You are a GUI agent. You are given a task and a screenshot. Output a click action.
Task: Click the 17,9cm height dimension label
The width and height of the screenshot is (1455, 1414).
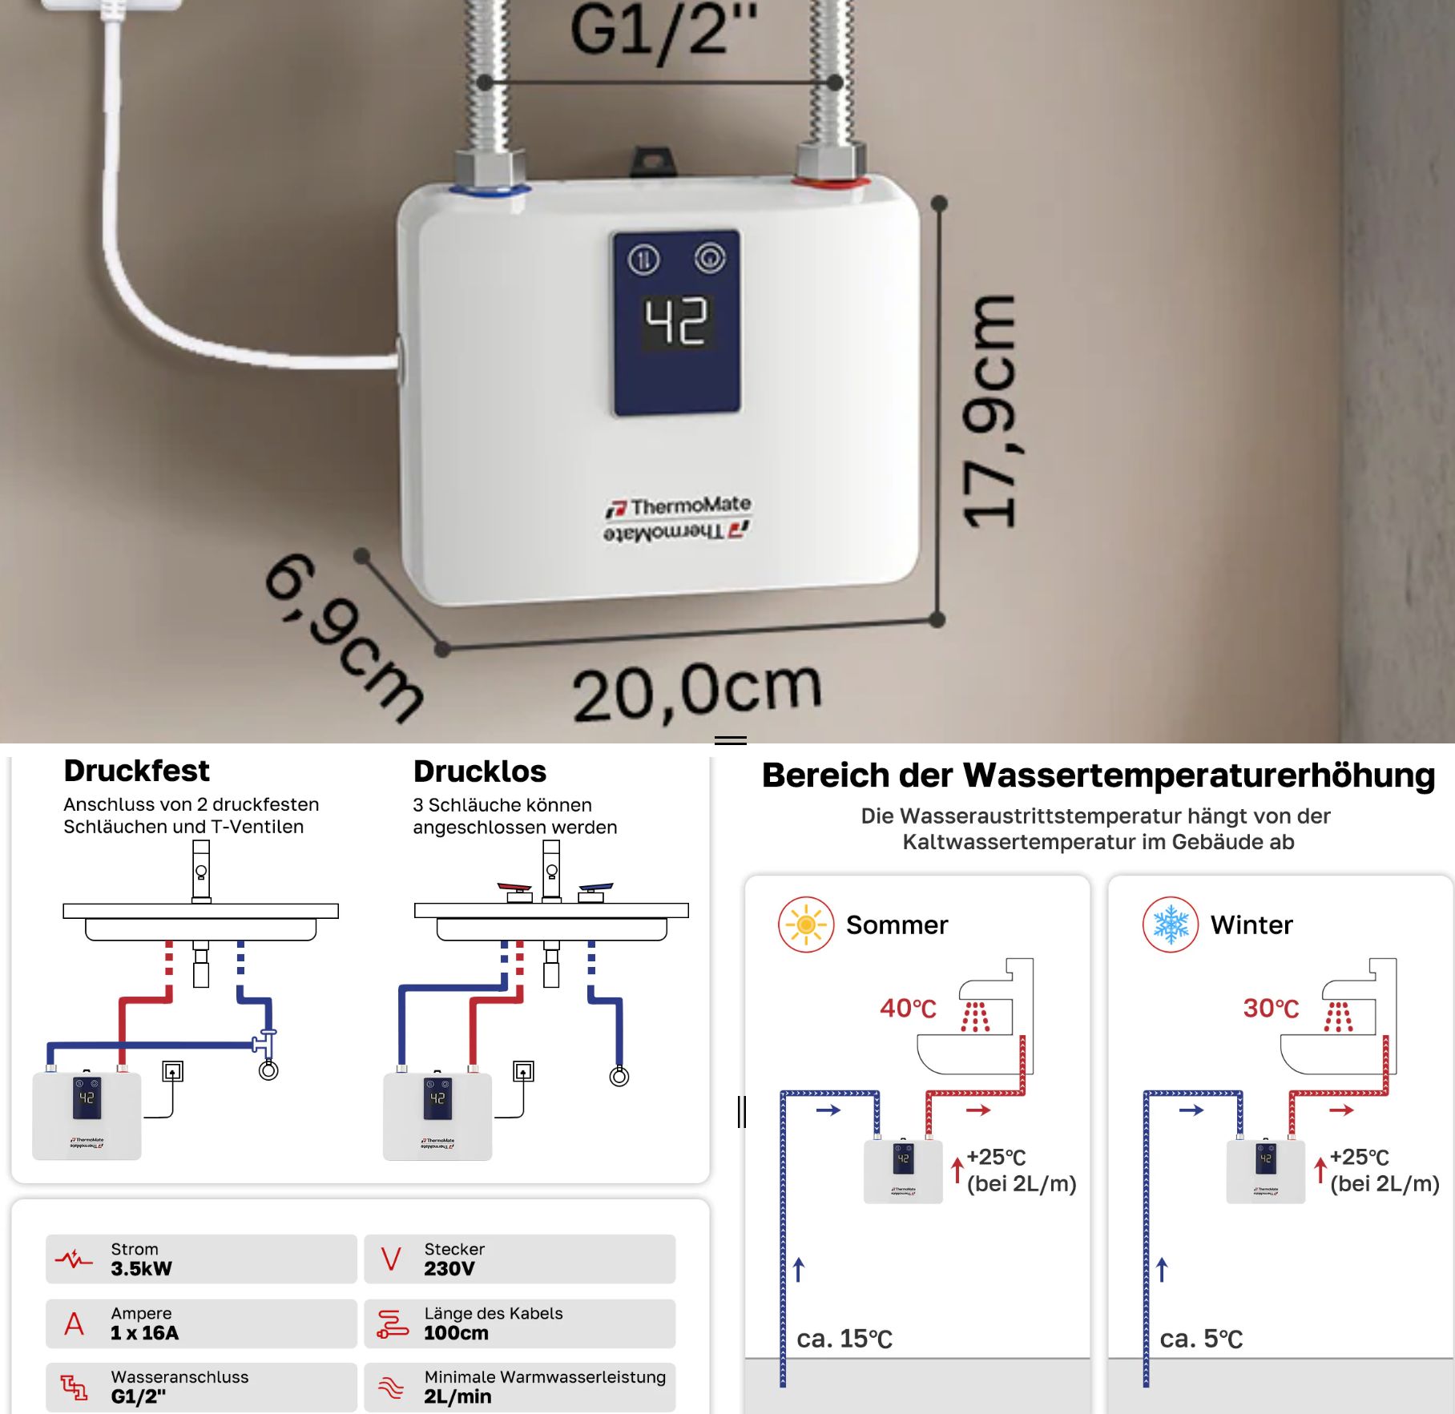(x=990, y=411)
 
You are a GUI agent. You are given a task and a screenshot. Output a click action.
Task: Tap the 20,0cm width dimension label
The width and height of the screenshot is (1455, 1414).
(x=697, y=691)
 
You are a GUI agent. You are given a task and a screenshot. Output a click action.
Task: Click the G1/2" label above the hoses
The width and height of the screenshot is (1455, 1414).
(x=663, y=30)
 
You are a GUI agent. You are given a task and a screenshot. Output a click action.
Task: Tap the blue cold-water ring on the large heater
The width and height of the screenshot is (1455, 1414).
(x=490, y=191)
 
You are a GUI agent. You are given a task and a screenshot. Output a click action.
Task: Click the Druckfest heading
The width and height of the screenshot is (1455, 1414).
(x=137, y=771)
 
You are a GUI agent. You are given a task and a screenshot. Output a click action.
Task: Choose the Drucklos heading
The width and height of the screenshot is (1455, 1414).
(x=480, y=771)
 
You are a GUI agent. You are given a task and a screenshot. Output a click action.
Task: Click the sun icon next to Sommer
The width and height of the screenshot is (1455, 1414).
(x=806, y=925)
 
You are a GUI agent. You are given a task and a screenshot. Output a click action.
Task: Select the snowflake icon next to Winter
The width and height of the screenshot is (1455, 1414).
(x=1171, y=925)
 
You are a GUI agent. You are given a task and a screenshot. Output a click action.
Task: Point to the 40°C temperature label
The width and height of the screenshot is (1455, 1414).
(x=908, y=1008)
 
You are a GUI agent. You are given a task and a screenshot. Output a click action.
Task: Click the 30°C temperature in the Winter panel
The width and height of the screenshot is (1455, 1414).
(x=1271, y=1008)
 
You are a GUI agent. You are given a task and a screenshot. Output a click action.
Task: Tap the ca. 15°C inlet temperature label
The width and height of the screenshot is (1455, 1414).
(x=844, y=1339)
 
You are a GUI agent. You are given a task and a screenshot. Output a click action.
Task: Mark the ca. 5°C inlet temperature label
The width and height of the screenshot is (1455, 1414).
(x=1201, y=1339)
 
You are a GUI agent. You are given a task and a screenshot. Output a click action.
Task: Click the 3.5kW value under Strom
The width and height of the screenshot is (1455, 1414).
(x=141, y=1269)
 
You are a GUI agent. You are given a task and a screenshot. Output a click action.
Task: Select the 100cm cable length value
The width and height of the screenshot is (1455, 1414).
(x=456, y=1333)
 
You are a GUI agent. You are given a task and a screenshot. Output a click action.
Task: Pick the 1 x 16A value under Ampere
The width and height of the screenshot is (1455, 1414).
(x=144, y=1333)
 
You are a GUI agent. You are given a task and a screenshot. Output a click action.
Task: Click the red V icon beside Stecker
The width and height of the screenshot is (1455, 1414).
(x=391, y=1259)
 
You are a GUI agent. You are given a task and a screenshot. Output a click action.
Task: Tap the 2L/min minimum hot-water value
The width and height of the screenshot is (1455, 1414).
(x=457, y=1397)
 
